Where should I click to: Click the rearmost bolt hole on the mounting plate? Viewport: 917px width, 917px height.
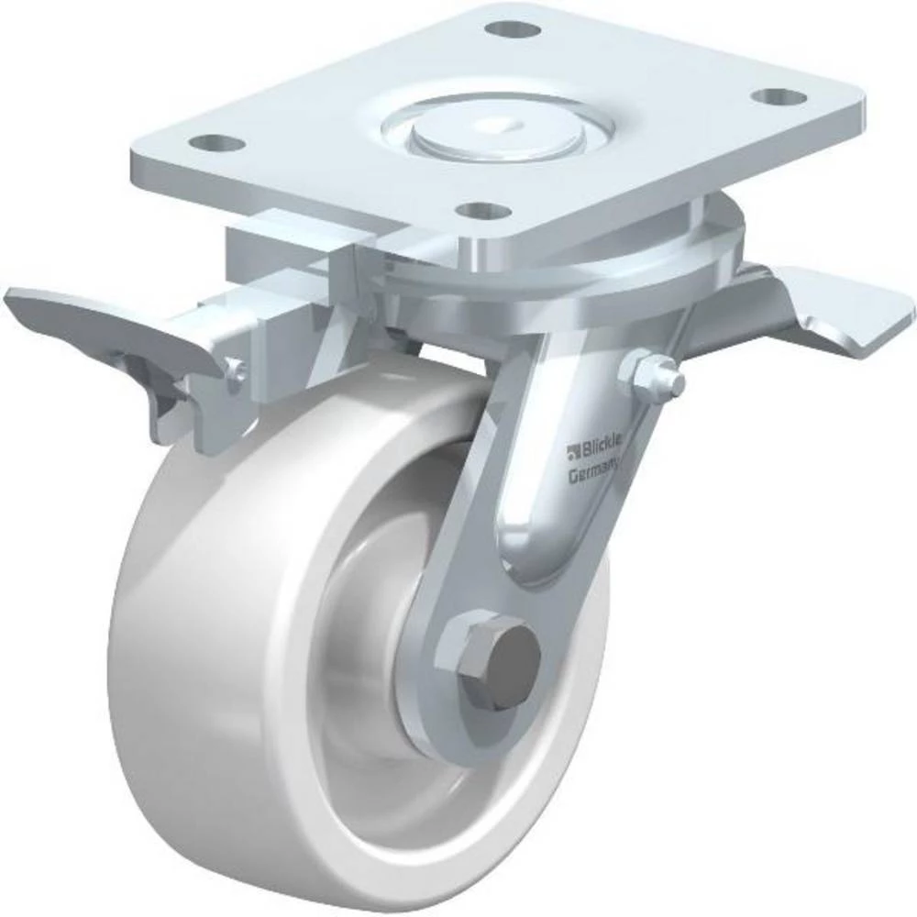(x=513, y=28)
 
